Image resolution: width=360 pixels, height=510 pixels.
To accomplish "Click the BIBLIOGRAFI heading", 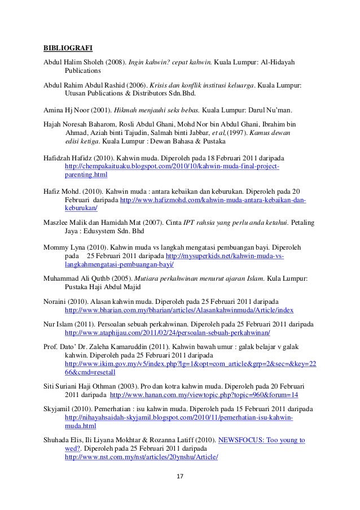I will coord(66,46).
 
